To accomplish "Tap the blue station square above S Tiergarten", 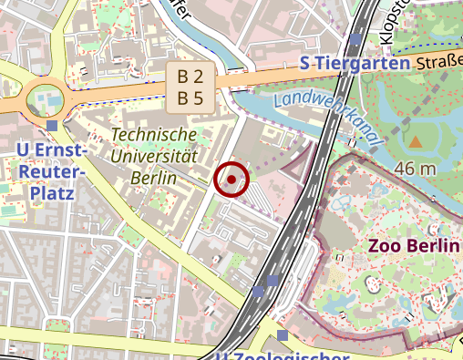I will tap(355, 40).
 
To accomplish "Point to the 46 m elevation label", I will tap(416, 169).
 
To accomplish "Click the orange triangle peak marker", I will tap(416, 141).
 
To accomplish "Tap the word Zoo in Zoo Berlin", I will tap(386, 246).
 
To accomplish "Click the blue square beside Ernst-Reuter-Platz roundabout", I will tap(52, 126).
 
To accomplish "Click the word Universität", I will tap(153, 155).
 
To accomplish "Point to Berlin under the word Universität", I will tap(153, 177).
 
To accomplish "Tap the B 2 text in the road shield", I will tap(190, 77).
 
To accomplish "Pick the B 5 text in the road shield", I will tap(190, 98).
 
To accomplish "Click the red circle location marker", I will tap(231, 180).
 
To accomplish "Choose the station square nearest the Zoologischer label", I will tap(283, 335).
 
